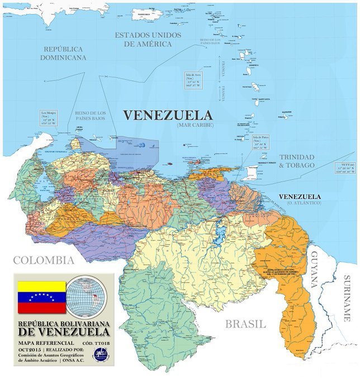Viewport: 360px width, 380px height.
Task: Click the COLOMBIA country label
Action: click(x=44, y=260)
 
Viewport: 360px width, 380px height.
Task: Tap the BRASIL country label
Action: click(x=245, y=324)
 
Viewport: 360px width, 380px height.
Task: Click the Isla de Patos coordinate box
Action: click(x=263, y=142)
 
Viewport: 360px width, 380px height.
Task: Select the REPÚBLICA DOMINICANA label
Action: click(x=63, y=53)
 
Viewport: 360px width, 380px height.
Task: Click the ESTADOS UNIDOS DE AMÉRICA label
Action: click(x=148, y=39)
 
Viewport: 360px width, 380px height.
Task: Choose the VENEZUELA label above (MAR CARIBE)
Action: click(x=168, y=115)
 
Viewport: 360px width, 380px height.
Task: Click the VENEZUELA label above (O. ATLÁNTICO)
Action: click(x=300, y=197)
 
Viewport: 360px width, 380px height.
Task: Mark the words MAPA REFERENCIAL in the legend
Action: click(x=44, y=341)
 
